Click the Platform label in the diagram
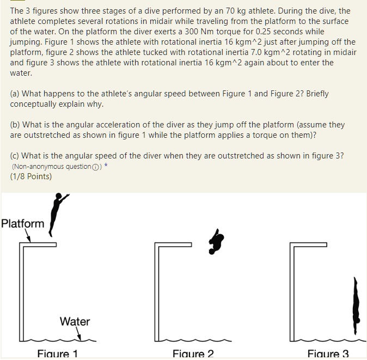(23, 223)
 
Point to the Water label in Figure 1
(75, 321)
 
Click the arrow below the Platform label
(27, 236)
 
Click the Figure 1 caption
(57, 353)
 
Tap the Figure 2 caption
(193, 353)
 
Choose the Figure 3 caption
(328, 353)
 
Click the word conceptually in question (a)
(34, 104)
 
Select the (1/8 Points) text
(31, 176)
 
